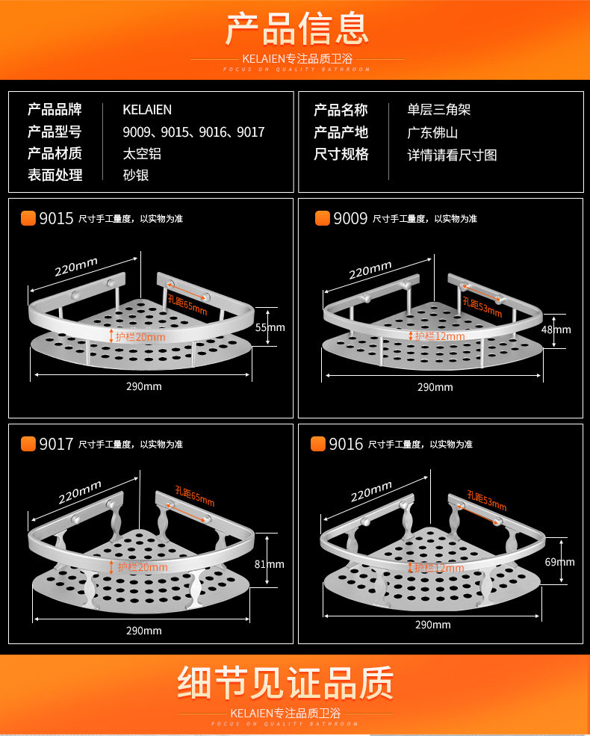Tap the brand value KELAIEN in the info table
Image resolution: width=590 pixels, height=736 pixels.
(147, 110)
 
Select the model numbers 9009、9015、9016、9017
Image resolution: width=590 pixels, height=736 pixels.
(193, 132)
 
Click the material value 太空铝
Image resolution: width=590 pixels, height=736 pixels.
(142, 154)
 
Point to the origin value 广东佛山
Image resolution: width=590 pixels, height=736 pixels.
(432, 133)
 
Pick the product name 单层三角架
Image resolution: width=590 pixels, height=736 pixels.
(439, 111)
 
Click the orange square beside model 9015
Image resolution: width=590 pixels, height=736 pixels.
(28, 218)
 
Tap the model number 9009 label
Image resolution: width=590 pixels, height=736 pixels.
(350, 218)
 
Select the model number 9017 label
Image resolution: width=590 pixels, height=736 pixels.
(56, 444)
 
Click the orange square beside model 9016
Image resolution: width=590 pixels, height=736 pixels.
(318, 444)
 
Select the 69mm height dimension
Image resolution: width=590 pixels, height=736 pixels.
(559, 562)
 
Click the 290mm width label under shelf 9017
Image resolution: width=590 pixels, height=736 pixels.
(144, 631)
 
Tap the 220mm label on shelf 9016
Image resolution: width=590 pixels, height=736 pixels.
(371, 491)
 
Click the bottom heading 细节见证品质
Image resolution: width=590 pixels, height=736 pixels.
(285, 681)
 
